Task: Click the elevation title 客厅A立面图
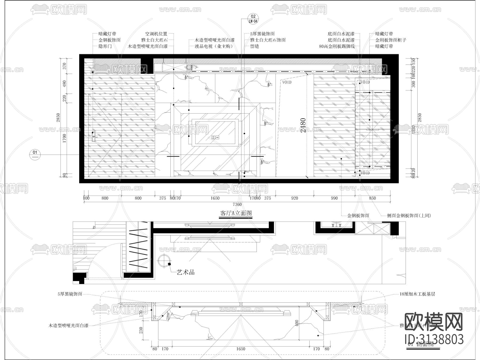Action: click(x=236, y=213)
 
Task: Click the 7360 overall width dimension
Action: click(x=237, y=204)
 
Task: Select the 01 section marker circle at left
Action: click(x=35, y=154)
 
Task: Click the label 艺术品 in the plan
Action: click(x=186, y=272)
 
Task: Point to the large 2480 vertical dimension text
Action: click(x=303, y=126)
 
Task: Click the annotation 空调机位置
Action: click(x=156, y=34)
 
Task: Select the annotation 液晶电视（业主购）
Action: click(x=214, y=46)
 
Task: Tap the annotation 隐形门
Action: click(x=105, y=46)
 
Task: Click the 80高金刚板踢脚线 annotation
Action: click(x=337, y=46)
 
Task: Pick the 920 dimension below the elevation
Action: click(x=294, y=198)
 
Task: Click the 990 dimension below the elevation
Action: click(x=334, y=198)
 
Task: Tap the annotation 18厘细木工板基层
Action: click(x=417, y=294)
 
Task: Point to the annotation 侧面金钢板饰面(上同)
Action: click(x=409, y=215)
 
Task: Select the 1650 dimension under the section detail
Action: click(x=241, y=349)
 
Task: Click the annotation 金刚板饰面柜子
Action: click(x=391, y=40)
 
